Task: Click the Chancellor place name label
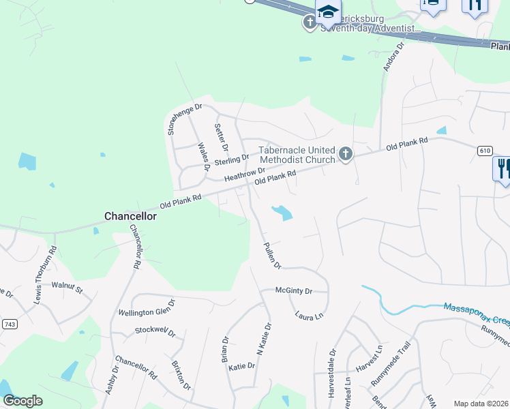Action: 130,216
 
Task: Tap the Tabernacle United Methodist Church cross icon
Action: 346,154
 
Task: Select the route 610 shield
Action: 485,150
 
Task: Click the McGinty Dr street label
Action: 293,291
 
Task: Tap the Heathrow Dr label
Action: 244,175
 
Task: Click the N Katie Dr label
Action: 262,338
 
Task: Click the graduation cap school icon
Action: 328,12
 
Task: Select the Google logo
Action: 22,401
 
